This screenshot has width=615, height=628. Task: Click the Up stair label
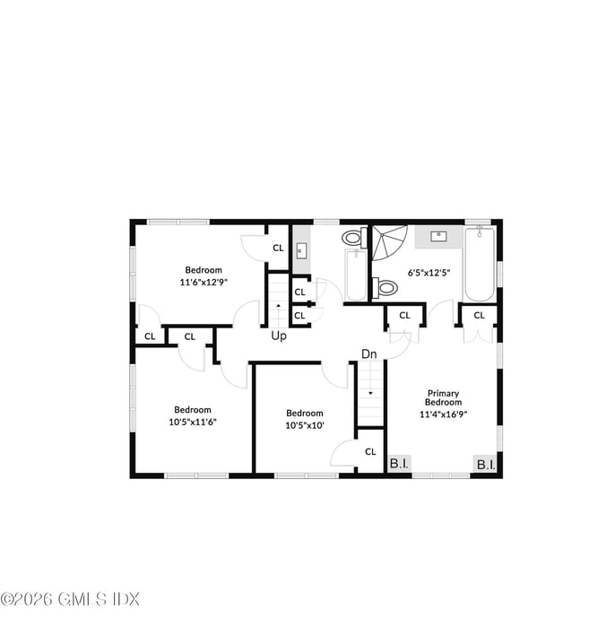pos(280,336)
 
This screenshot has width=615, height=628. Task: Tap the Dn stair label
pos(369,353)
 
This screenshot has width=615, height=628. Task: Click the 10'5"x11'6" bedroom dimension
pos(193,422)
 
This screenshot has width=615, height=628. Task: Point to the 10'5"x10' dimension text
pos(305,425)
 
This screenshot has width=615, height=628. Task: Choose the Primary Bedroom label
pos(443,398)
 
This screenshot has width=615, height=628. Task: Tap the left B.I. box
pos(398,464)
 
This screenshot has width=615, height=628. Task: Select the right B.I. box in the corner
pos(486,464)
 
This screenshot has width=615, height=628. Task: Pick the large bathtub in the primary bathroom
pos(479,266)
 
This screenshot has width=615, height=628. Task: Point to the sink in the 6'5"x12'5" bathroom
pos(439,236)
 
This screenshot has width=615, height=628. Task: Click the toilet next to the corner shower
pos(386,287)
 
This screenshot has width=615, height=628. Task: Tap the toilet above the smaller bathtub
pos(352,238)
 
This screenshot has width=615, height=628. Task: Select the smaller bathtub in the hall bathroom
pos(356,275)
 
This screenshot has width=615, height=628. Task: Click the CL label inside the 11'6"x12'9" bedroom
pos(278,248)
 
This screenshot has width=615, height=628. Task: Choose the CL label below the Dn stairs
pos(369,451)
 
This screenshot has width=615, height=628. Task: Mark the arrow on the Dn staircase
pos(369,393)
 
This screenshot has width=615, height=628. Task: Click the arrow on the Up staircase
pos(278,307)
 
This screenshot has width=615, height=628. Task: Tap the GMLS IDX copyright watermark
pos(70,598)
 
